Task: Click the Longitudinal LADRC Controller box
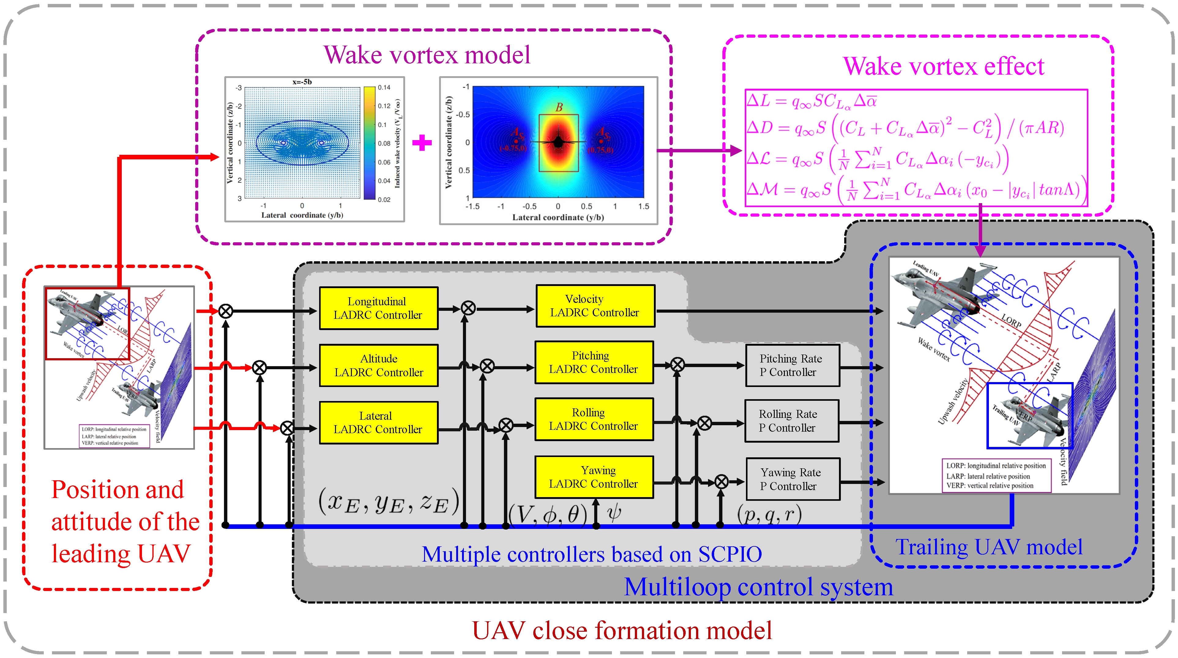378,308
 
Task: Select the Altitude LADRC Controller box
378,365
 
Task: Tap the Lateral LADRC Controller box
378,422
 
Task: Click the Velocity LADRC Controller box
595,306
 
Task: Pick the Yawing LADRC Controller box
594,477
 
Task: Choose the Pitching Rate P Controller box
792,365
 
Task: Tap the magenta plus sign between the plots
422,143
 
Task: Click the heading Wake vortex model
427,55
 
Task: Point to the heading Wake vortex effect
943,66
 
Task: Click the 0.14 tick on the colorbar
384,87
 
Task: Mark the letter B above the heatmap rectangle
559,107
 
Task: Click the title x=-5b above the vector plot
302,82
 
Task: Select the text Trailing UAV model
988,547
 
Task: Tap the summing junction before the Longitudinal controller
226,311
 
